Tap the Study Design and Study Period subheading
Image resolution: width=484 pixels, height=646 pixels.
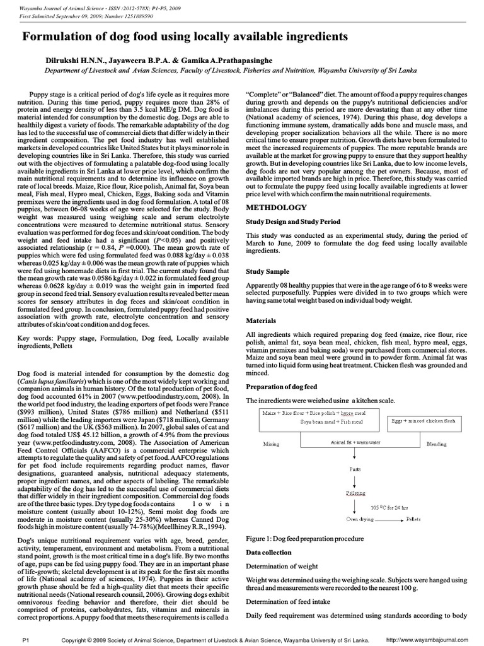point(293,222)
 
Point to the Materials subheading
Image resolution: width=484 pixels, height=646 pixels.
point(262,320)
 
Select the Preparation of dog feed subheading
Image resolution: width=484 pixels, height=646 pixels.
point(281,386)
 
